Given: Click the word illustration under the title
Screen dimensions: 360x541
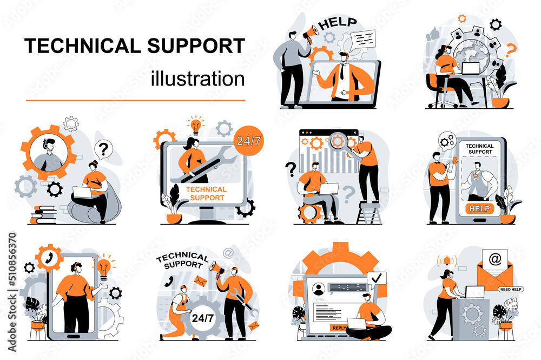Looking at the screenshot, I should tap(197, 78).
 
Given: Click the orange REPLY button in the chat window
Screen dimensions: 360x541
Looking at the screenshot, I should tap(340, 328).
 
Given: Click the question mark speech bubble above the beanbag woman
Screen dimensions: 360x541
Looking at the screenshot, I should tap(103, 147).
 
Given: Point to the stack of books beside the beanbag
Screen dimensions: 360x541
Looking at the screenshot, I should tap(43, 214).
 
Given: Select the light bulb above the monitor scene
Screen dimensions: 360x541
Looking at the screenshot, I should tap(195, 124).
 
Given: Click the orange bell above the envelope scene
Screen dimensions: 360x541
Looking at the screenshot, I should tap(447, 260).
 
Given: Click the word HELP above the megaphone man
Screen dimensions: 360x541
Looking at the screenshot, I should tap(338, 23).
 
